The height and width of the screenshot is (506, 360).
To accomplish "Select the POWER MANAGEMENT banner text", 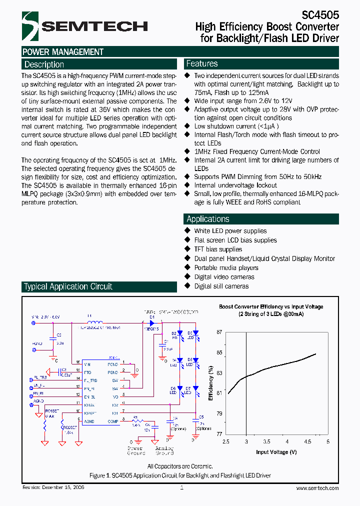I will [x=63, y=52].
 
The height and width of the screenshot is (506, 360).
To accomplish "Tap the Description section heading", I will [x=44, y=64].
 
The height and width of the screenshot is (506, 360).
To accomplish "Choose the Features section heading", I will [x=202, y=63].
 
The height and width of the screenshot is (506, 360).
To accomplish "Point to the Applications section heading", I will [x=208, y=219].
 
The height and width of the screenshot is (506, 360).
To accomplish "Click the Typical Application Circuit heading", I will [x=68, y=286].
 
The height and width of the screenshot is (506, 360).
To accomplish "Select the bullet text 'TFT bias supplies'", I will [x=218, y=249].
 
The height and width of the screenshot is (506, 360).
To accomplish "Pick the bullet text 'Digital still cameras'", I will [x=221, y=286].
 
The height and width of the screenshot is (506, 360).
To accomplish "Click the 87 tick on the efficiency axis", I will [x=219, y=332].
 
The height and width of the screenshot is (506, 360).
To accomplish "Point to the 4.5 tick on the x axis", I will [x=307, y=442].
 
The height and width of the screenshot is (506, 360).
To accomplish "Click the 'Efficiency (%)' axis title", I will [x=211, y=383].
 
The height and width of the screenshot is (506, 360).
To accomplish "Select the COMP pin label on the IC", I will [x=113, y=422].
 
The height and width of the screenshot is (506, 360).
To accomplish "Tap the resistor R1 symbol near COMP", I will [x=135, y=421].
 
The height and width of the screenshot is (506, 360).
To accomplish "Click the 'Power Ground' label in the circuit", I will [x=136, y=451].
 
